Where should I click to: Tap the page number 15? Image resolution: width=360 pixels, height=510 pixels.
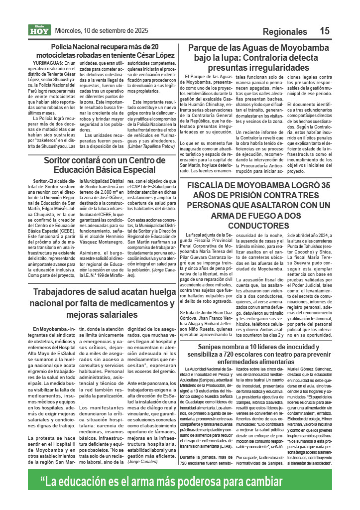pos(325,31)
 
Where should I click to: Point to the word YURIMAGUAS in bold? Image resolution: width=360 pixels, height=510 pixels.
pos(47,64)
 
